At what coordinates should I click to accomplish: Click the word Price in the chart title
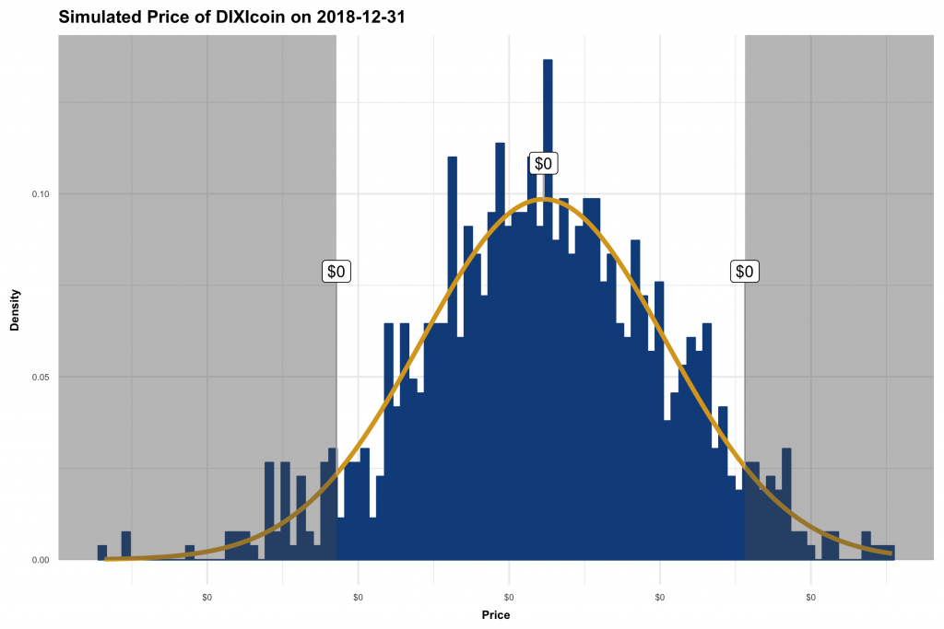coord(156,17)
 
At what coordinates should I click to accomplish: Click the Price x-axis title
coord(495,614)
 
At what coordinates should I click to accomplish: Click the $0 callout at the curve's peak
coord(544,163)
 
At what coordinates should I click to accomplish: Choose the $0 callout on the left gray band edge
coord(336,272)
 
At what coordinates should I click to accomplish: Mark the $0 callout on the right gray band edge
coord(745,272)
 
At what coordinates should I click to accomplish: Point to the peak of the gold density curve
coord(544,199)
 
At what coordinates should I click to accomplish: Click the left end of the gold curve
coord(107,558)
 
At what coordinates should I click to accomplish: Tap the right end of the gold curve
coord(891,553)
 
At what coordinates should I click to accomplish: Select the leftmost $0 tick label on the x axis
coord(206,597)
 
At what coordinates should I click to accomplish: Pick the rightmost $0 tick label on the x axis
coord(810,597)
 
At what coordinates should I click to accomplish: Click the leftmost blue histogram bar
coord(102,553)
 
